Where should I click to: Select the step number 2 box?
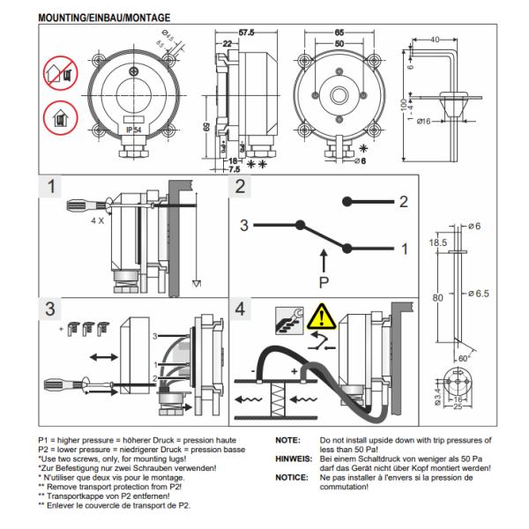tap(242, 189)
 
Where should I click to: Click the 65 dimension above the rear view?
tap(339, 33)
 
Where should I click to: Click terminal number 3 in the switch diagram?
tap(242, 226)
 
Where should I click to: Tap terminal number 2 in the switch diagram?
tap(403, 202)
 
